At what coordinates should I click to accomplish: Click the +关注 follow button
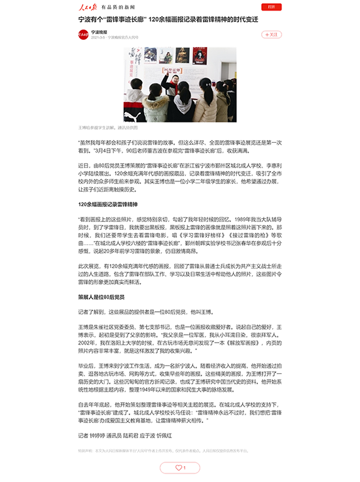(271, 34)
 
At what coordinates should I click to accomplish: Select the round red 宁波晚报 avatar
(83, 34)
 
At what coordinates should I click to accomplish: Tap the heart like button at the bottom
(179, 468)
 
